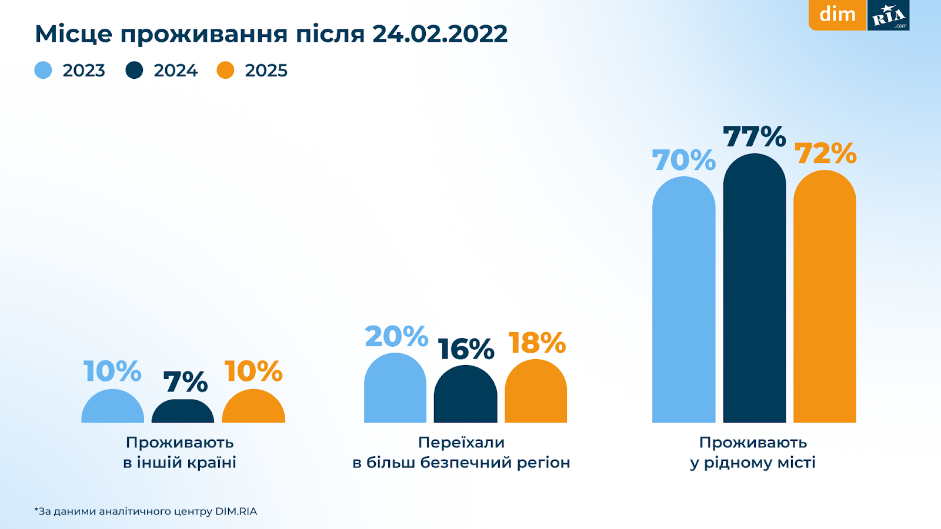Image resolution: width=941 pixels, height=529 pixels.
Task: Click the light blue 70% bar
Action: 683,300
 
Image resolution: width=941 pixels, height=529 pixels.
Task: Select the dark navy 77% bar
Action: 754,288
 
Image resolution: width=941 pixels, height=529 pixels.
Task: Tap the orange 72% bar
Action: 825,297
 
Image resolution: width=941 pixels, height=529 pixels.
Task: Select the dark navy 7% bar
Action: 183,412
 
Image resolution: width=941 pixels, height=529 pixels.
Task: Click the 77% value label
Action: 754,137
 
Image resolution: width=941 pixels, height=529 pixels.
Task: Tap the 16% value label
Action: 466,349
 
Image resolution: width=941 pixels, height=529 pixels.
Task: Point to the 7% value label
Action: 185,382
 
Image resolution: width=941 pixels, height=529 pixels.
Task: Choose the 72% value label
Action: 825,153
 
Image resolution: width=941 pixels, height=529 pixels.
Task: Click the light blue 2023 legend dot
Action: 44,71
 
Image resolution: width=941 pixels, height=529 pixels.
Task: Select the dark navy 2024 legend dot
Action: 134,71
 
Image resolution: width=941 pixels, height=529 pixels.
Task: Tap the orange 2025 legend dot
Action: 225,71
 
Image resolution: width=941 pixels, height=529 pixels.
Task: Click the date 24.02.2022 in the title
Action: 439,34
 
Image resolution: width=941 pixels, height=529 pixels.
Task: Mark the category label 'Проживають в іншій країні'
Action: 180,452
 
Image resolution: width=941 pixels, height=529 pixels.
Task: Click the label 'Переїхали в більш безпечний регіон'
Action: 462,452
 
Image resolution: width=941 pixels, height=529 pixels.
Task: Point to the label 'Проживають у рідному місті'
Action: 753,452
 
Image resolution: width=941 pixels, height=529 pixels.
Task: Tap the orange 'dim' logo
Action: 837,15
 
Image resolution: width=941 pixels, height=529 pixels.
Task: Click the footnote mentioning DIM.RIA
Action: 146,511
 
